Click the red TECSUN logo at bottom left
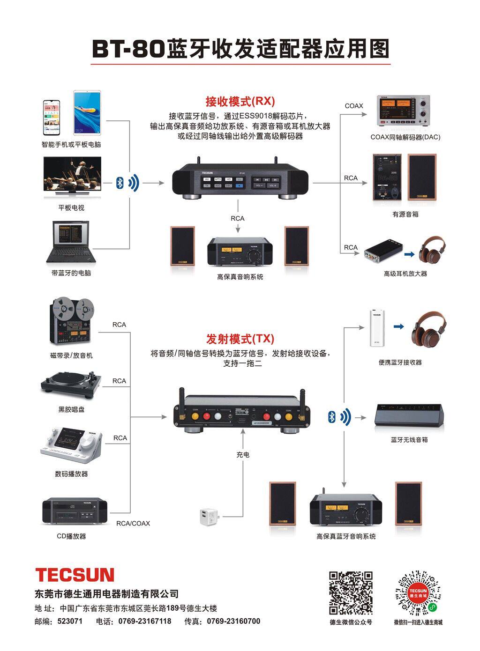tap(75, 575)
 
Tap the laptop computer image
tap(71, 242)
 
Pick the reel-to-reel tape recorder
tap(72, 322)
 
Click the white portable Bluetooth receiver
tap(377, 327)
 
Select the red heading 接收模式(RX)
tap(240, 101)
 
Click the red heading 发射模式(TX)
tap(240, 339)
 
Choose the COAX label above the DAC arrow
tap(354, 106)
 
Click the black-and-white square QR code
tap(351, 592)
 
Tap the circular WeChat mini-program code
tap(418, 592)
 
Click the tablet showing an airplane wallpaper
tap(87, 113)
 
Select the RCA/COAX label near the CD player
tap(133, 523)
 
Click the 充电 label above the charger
tap(243, 454)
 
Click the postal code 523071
tap(70, 621)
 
